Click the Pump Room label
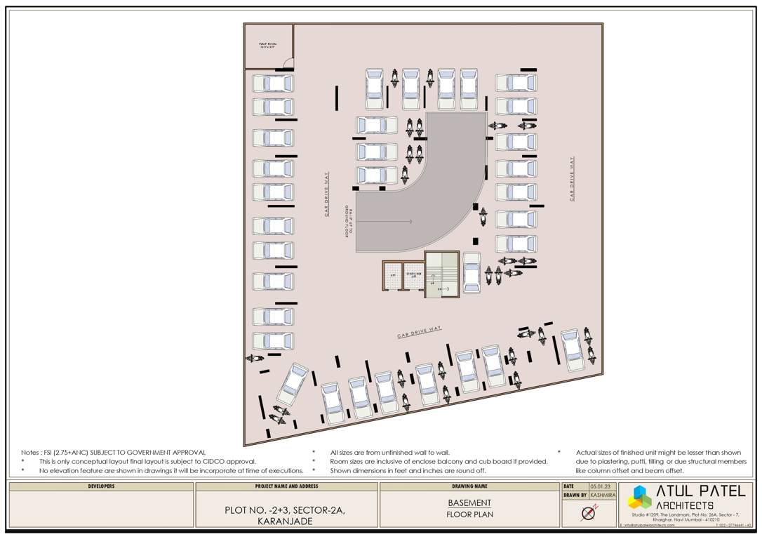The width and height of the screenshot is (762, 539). pos(268,46)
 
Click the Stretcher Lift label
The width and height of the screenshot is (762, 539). pos(413,275)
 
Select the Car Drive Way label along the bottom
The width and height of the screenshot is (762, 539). pos(419,331)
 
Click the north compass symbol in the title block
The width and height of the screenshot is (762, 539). pos(588,514)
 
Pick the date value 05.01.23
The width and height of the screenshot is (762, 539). pos(598,486)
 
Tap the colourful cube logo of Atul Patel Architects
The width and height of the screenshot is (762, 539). pos(639,497)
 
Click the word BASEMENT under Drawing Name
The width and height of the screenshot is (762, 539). pos(469,503)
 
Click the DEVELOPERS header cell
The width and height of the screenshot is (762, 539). pos(102,486)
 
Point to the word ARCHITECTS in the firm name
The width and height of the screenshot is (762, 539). pos(685,505)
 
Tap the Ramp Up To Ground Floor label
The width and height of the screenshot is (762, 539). pos(349,225)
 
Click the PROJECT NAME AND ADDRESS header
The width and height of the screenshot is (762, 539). pos(286,486)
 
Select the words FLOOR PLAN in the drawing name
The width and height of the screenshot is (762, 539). pos(469,514)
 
